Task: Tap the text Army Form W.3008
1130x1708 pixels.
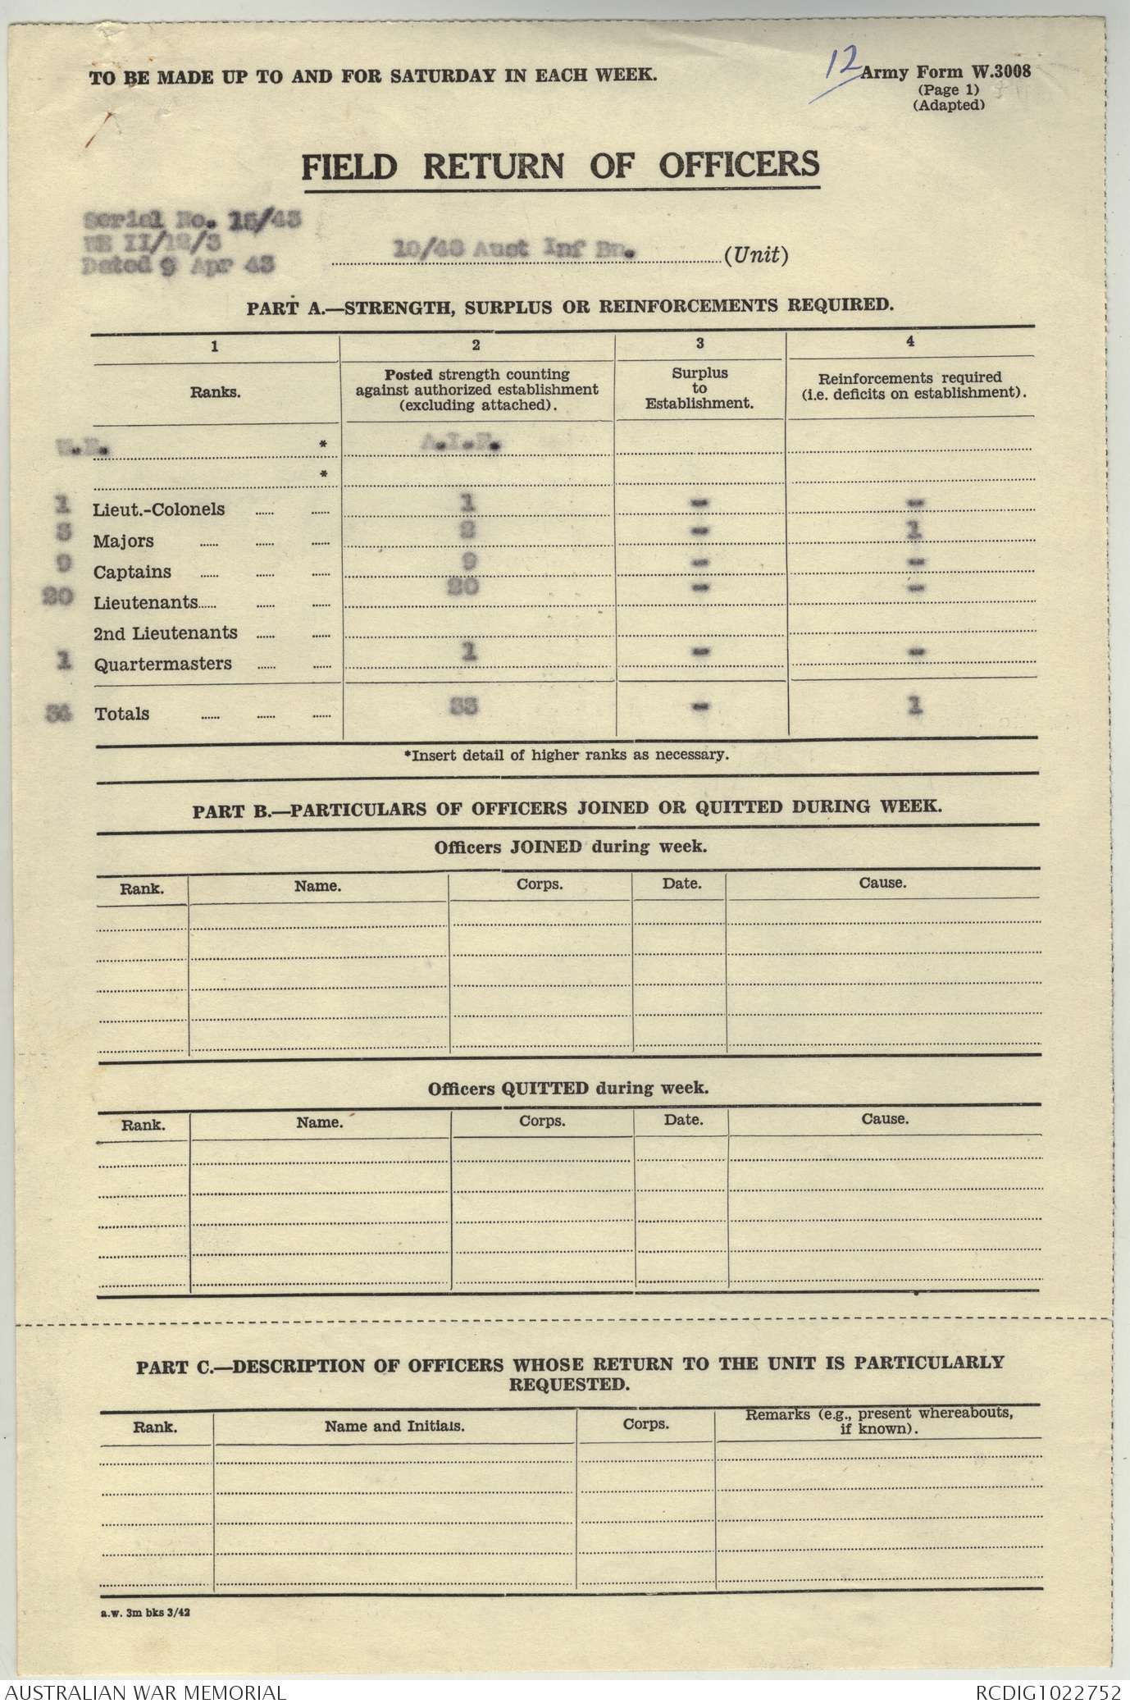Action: (945, 72)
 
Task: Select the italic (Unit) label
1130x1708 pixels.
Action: (756, 255)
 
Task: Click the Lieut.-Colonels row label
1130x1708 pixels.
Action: (159, 509)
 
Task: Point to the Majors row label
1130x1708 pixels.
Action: (123, 541)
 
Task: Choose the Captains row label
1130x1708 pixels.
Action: (132, 572)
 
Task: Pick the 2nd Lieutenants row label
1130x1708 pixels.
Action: (165, 633)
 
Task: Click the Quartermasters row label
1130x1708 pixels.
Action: (162, 664)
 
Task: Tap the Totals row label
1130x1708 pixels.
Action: (122, 714)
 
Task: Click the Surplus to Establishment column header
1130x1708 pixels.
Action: (699, 388)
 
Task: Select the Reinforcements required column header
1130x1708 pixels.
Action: (910, 385)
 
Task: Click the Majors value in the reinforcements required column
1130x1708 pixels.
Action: (914, 532)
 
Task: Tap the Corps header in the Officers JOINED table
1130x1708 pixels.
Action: (540, 885)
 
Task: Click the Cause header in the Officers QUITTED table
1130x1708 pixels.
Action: (885, 1119)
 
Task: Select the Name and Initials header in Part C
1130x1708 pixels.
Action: (394, 1426)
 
